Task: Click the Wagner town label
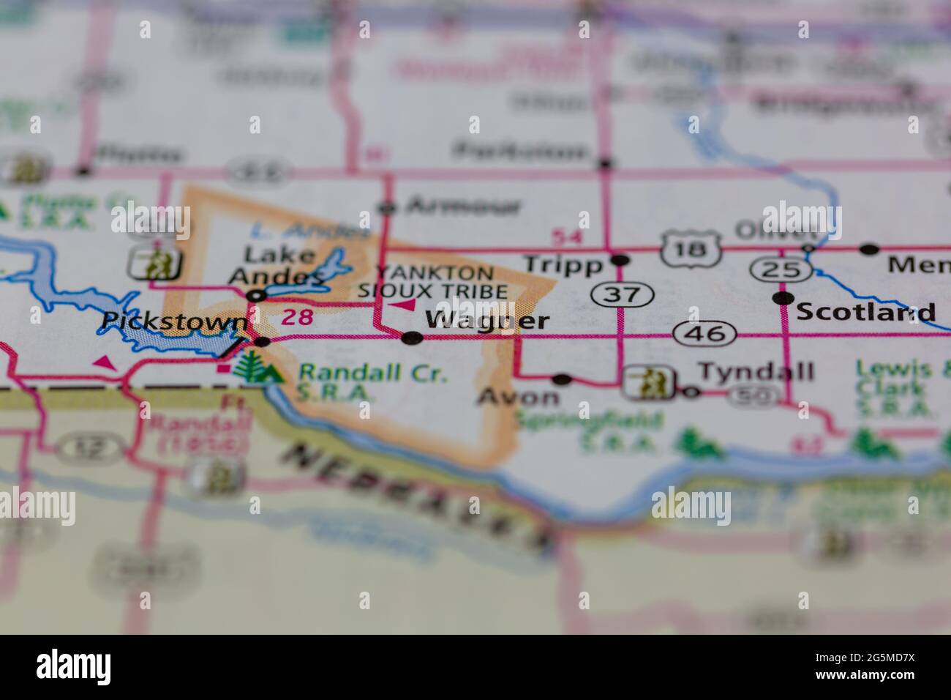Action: (486, 321)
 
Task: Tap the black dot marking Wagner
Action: (413, 338)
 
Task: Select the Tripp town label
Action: (563, 264)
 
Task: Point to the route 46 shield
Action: (704, 333)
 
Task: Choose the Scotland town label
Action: (865, 313)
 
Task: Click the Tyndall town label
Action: (756, 372)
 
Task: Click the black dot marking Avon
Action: (562, 379)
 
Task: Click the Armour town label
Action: (463, 206)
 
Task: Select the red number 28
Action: (297, 317)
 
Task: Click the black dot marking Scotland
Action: (783, 298)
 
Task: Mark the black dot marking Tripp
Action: (620, 260)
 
